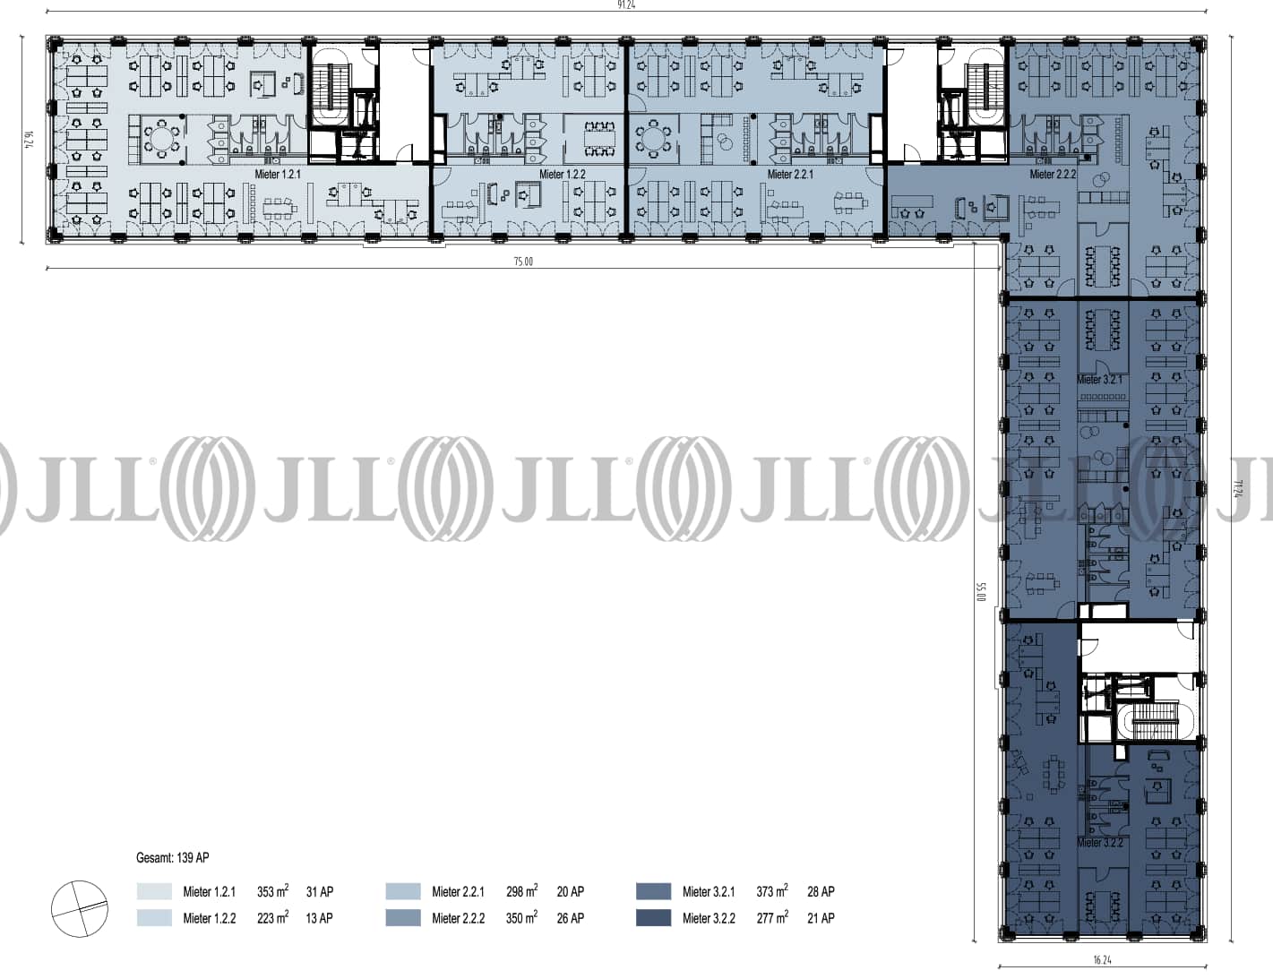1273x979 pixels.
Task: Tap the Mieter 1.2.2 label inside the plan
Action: pos(562,175)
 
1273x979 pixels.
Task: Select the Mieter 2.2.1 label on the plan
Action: pos(790,175)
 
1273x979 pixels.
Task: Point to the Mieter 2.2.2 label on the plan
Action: pos(1053,175)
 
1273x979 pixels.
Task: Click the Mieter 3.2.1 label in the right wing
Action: pos(1099,380)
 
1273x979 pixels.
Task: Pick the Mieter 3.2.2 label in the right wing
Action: pos(1099,843)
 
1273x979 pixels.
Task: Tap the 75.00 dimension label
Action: pos(523,262)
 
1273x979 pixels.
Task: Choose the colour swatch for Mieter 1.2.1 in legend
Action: pos(154,891)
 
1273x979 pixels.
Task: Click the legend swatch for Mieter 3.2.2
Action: pos(653,918)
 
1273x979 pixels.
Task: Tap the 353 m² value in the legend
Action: pos(272,891)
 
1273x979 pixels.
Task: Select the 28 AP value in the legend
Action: pos(821,891)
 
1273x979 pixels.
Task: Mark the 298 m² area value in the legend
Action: pos(521,891)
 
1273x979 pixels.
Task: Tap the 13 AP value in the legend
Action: pos(319,918)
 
